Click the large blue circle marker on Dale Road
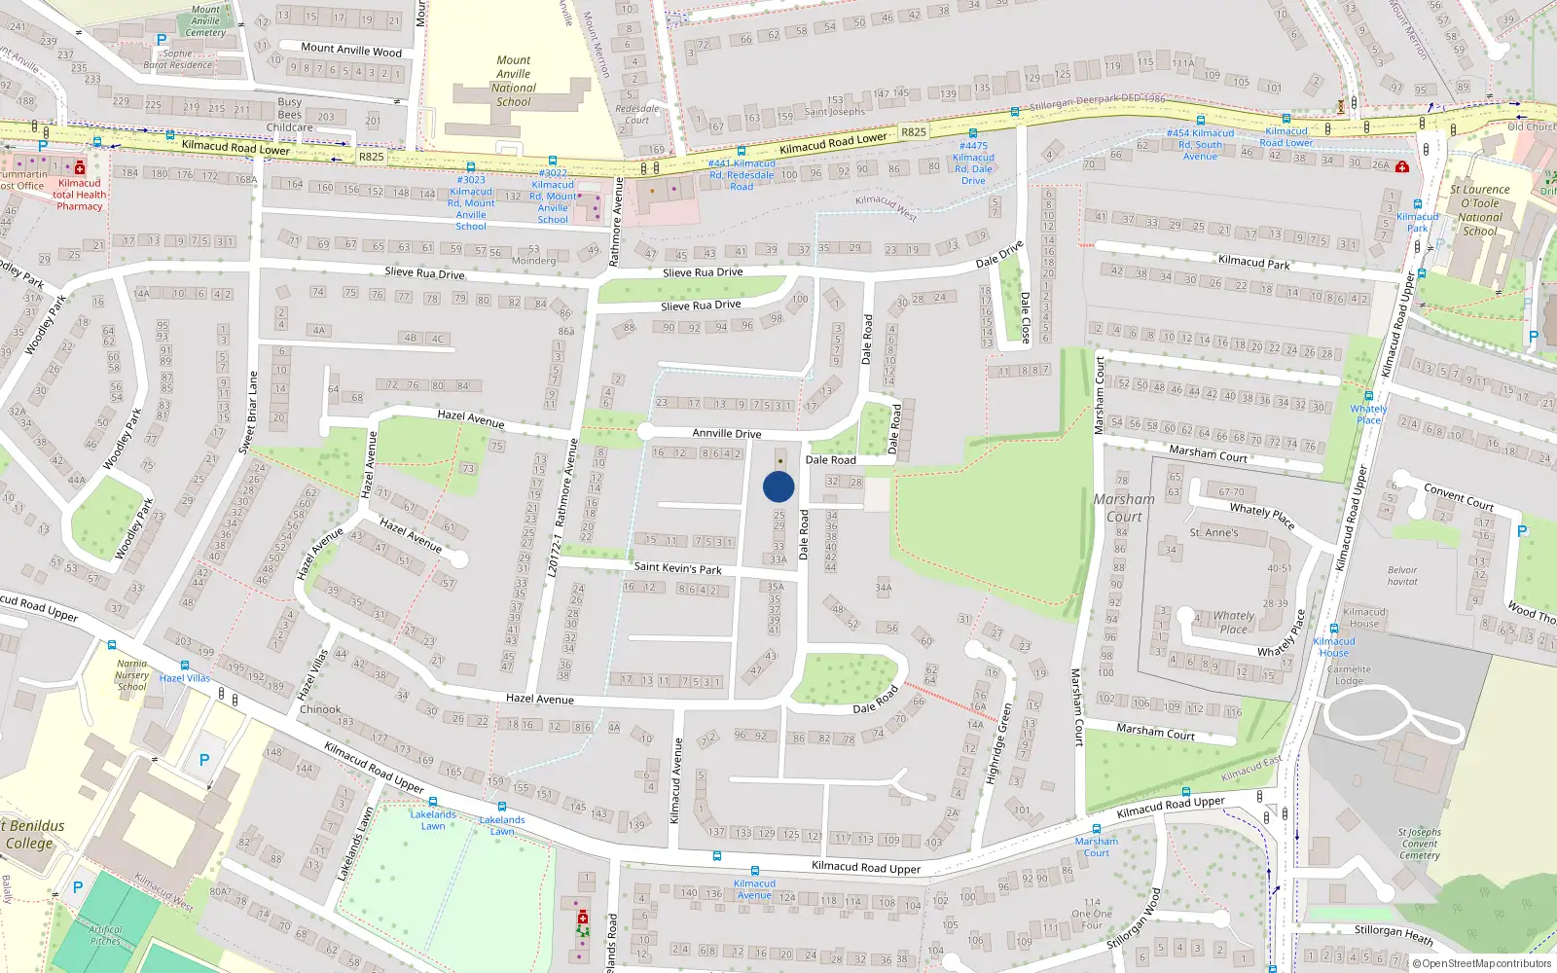tap(778, 486)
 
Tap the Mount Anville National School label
tap(513, 81)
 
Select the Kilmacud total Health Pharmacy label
tap(80, 195)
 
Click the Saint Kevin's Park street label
tap(677, 567)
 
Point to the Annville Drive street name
tap(726, 434)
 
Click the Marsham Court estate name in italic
tap(1124, 508)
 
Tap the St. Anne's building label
tap(1213, 533)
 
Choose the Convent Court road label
tap(1458, 496)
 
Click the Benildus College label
tap(34, 835)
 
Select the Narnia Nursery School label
tap(131, 675)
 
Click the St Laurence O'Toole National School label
tap(1479, 210)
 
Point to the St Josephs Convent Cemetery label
tap(1419, 844)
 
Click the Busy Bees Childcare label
tap(290, 115)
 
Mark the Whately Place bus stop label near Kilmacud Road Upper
tap(1368, 414)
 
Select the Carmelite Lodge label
tap(1349, 675)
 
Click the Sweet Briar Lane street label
tap(247, 413)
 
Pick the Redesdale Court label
tap(637, 114)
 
